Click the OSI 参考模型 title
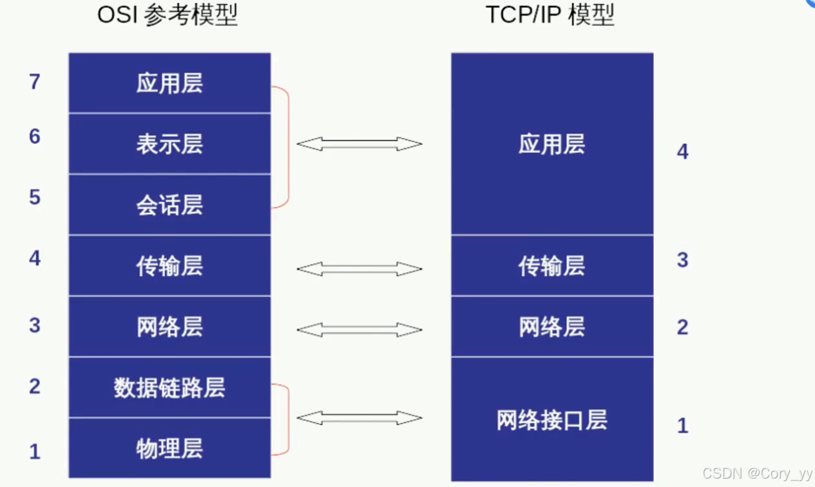click(x=168, y=15)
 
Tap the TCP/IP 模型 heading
click(x=550, y=15)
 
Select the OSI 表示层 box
click(x=169, y=144)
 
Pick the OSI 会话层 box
click(x=169, y=204)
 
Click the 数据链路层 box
click(x=169, y=388)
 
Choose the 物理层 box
click(x=169, y=448)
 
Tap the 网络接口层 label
click(x=551, y=420)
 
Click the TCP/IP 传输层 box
click(x=551, y=266)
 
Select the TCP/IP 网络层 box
click(x=551, y=327)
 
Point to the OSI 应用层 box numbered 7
click(x=169, y=83)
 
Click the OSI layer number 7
click(x=35, y=82)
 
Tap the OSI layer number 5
click(x=35, y=197)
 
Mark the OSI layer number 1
click(x=35, y=452)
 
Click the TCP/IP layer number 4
click(x=683, y=152)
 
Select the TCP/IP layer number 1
click(x=683, y=426)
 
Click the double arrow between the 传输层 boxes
click(x=359, y=269)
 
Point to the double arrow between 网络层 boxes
click(x=359, y=330)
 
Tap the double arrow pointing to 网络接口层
click(x=359, y=418)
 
